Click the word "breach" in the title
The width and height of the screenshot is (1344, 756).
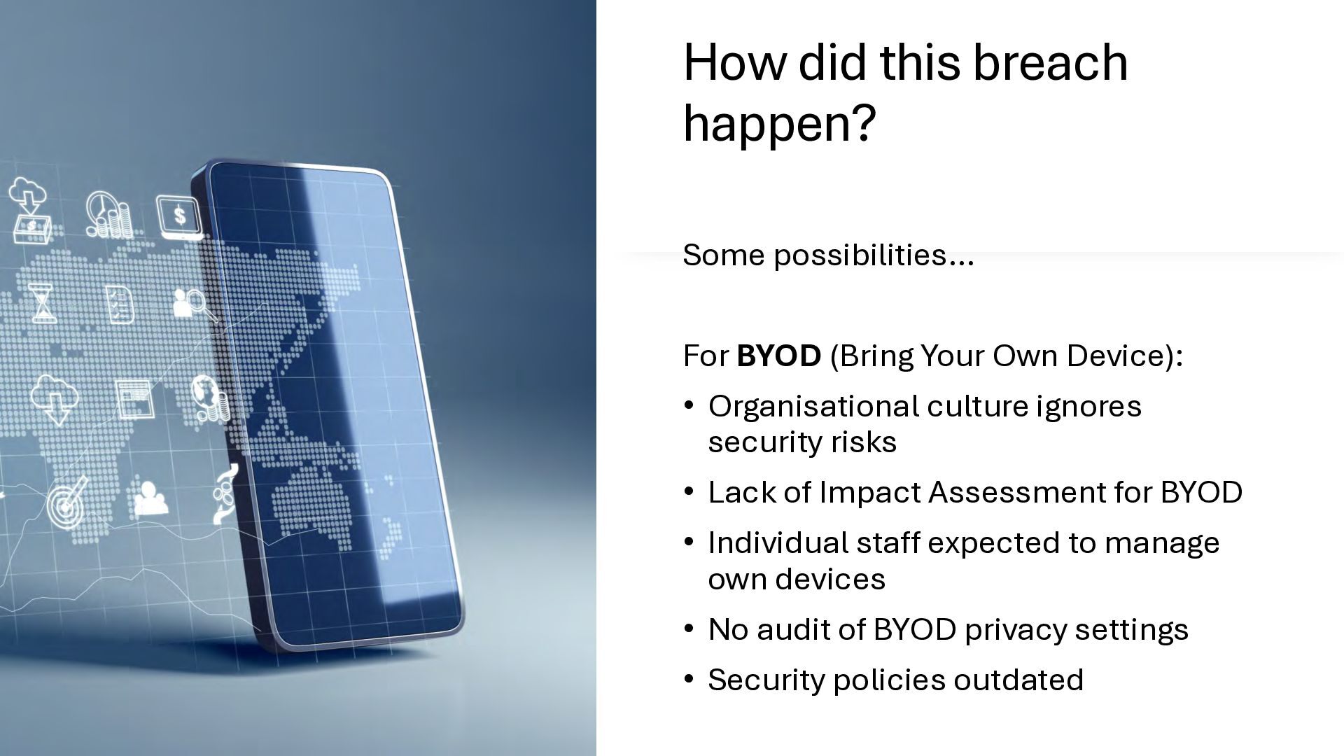(1050, 62)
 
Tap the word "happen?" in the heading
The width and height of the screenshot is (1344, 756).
(779, 124)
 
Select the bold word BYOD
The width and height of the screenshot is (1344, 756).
(778, 356)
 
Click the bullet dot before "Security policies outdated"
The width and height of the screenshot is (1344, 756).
(689, 679)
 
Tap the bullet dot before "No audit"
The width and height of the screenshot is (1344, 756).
(689, 629)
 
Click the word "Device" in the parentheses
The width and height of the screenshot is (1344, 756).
(1116, 356)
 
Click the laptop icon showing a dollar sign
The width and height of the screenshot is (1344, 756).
(179, 216)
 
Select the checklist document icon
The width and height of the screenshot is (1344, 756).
(120, 303)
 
